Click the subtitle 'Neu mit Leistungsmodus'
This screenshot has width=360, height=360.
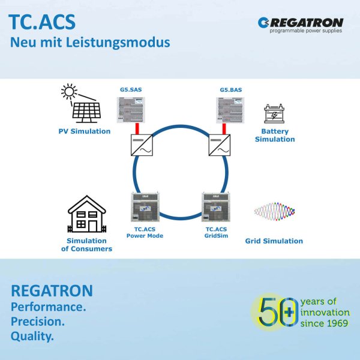click(90, 43)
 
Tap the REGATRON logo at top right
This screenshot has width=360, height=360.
click(301, 25)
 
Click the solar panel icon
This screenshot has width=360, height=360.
click(87, 111)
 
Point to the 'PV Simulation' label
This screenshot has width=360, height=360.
click(84, 131)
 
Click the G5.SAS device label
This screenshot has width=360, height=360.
click(130, 90)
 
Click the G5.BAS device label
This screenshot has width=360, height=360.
click(230, 90)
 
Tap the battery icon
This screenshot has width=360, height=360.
click(275, 114)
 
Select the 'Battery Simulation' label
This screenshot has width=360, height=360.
click(275, 135)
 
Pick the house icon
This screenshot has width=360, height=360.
click(88, 214)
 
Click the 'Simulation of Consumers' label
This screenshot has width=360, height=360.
click(87, 245)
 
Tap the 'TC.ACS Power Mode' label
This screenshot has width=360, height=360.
click(145, 233)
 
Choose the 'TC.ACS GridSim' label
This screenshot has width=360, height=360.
click(216, 233)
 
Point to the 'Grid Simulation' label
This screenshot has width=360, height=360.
click(274, 241)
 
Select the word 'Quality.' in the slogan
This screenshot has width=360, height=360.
click(32, 337)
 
